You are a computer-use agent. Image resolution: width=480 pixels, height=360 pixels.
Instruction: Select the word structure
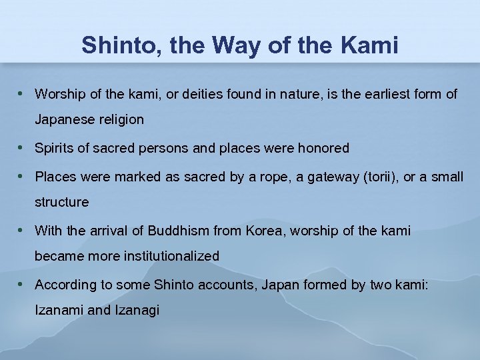coord(61,202)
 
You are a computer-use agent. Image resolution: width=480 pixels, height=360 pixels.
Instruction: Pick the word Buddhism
coord(178,231)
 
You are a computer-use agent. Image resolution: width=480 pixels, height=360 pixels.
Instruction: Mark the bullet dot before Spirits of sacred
coord(22,147)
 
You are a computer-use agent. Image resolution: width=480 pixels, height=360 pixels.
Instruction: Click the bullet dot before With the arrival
coord(22,230)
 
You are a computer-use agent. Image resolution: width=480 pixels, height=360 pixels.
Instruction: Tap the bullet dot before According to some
coord(22,284)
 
